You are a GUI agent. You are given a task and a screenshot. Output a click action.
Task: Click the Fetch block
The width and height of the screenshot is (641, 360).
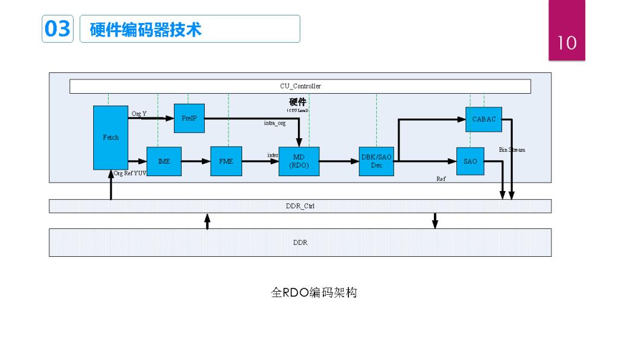pyautogui.click(x=110, y=138)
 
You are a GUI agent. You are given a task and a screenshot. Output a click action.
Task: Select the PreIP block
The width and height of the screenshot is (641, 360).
pyautogui.click(x=189, y=119)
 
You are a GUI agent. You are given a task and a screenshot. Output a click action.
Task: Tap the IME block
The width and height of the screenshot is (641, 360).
pyautogui.click(x=164, y=161)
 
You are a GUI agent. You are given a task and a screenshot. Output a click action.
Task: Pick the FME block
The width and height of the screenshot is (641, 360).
pyautogui.click(x=226, y=161)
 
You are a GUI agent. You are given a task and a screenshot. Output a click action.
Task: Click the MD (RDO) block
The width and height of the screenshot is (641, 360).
pyautogui.click(x=299, y=161)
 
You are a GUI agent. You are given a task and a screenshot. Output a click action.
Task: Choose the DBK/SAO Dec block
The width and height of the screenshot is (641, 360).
pyautogui.click(x=376, y=161)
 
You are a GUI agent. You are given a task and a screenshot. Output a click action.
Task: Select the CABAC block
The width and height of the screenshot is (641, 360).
pyautogui.click(x=484, y=119)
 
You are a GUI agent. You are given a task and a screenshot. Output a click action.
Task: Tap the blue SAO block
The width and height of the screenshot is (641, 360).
pyautogui.click(x=470, y=161)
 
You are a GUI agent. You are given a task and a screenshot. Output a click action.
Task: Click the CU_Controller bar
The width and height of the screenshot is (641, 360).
pyautogui.click(x=300, y=87)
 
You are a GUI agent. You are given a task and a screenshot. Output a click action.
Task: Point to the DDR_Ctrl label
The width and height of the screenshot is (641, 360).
pyautogui.click(x=300, y=206)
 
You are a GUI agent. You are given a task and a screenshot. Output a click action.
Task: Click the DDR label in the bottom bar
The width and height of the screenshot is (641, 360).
pyautogui.click(x=300, y=243)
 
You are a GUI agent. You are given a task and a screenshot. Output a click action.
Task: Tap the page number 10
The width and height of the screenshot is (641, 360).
pyautogui.click(x=567, y=43)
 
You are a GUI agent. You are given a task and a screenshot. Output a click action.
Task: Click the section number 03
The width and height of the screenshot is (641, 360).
pyautogui.click(x=57, y=29)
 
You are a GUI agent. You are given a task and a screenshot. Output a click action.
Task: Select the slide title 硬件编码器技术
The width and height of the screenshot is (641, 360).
pyautogui.click(x=145, y=30)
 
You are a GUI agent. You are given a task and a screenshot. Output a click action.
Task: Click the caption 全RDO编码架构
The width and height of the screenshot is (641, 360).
pyautogui.click(x=314, y=293)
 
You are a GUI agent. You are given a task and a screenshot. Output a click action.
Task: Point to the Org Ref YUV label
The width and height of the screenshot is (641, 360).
pyautogui.click(x=130, y=174)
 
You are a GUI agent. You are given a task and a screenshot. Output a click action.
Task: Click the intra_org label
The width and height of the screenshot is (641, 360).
pyautogui.click(x=274, y=123)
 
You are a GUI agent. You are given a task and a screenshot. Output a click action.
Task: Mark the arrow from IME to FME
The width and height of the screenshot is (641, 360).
pyautogui.click(x=196, y=161)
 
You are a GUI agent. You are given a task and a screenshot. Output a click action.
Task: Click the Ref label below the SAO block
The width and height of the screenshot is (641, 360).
pyautogui.click(x=441, y=179)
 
